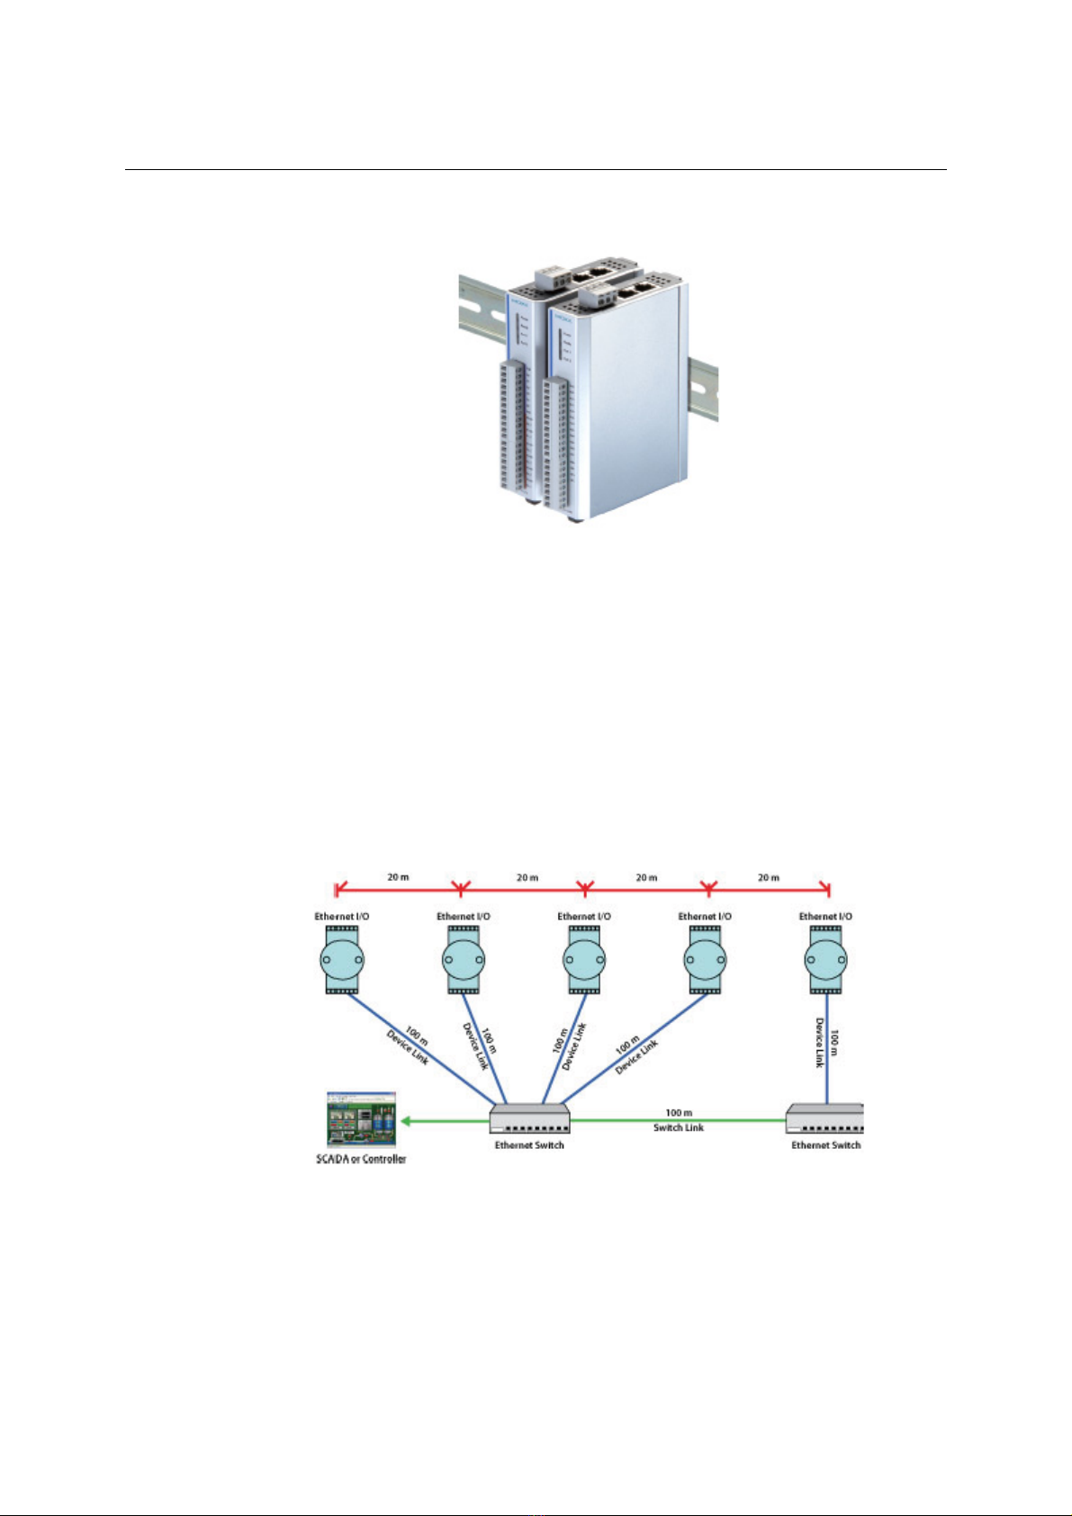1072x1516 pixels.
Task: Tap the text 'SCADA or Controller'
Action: (361, 1159)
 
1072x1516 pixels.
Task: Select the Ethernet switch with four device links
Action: (529, 1119)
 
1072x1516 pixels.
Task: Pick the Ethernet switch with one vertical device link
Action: (824, 1119)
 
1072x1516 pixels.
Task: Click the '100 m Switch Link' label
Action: (679, 1120)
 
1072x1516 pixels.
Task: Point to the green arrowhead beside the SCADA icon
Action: (407, 1120)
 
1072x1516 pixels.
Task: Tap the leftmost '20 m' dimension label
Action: (399, 877)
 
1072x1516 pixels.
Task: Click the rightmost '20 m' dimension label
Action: (768, 877)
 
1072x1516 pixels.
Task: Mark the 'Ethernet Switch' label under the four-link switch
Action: (529, 1145)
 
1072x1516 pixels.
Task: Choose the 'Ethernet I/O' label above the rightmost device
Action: (825, 917)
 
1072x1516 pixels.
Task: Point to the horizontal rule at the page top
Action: (536, 169)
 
